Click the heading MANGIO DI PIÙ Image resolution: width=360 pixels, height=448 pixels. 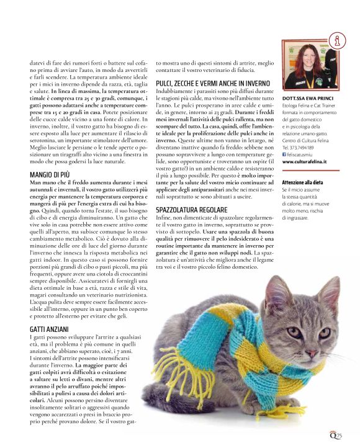(52, 175)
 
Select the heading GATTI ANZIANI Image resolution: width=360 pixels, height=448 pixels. (53, 328)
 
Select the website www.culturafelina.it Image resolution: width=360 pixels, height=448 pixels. (305, 161)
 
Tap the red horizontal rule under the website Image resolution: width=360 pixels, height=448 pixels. (310, 171)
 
